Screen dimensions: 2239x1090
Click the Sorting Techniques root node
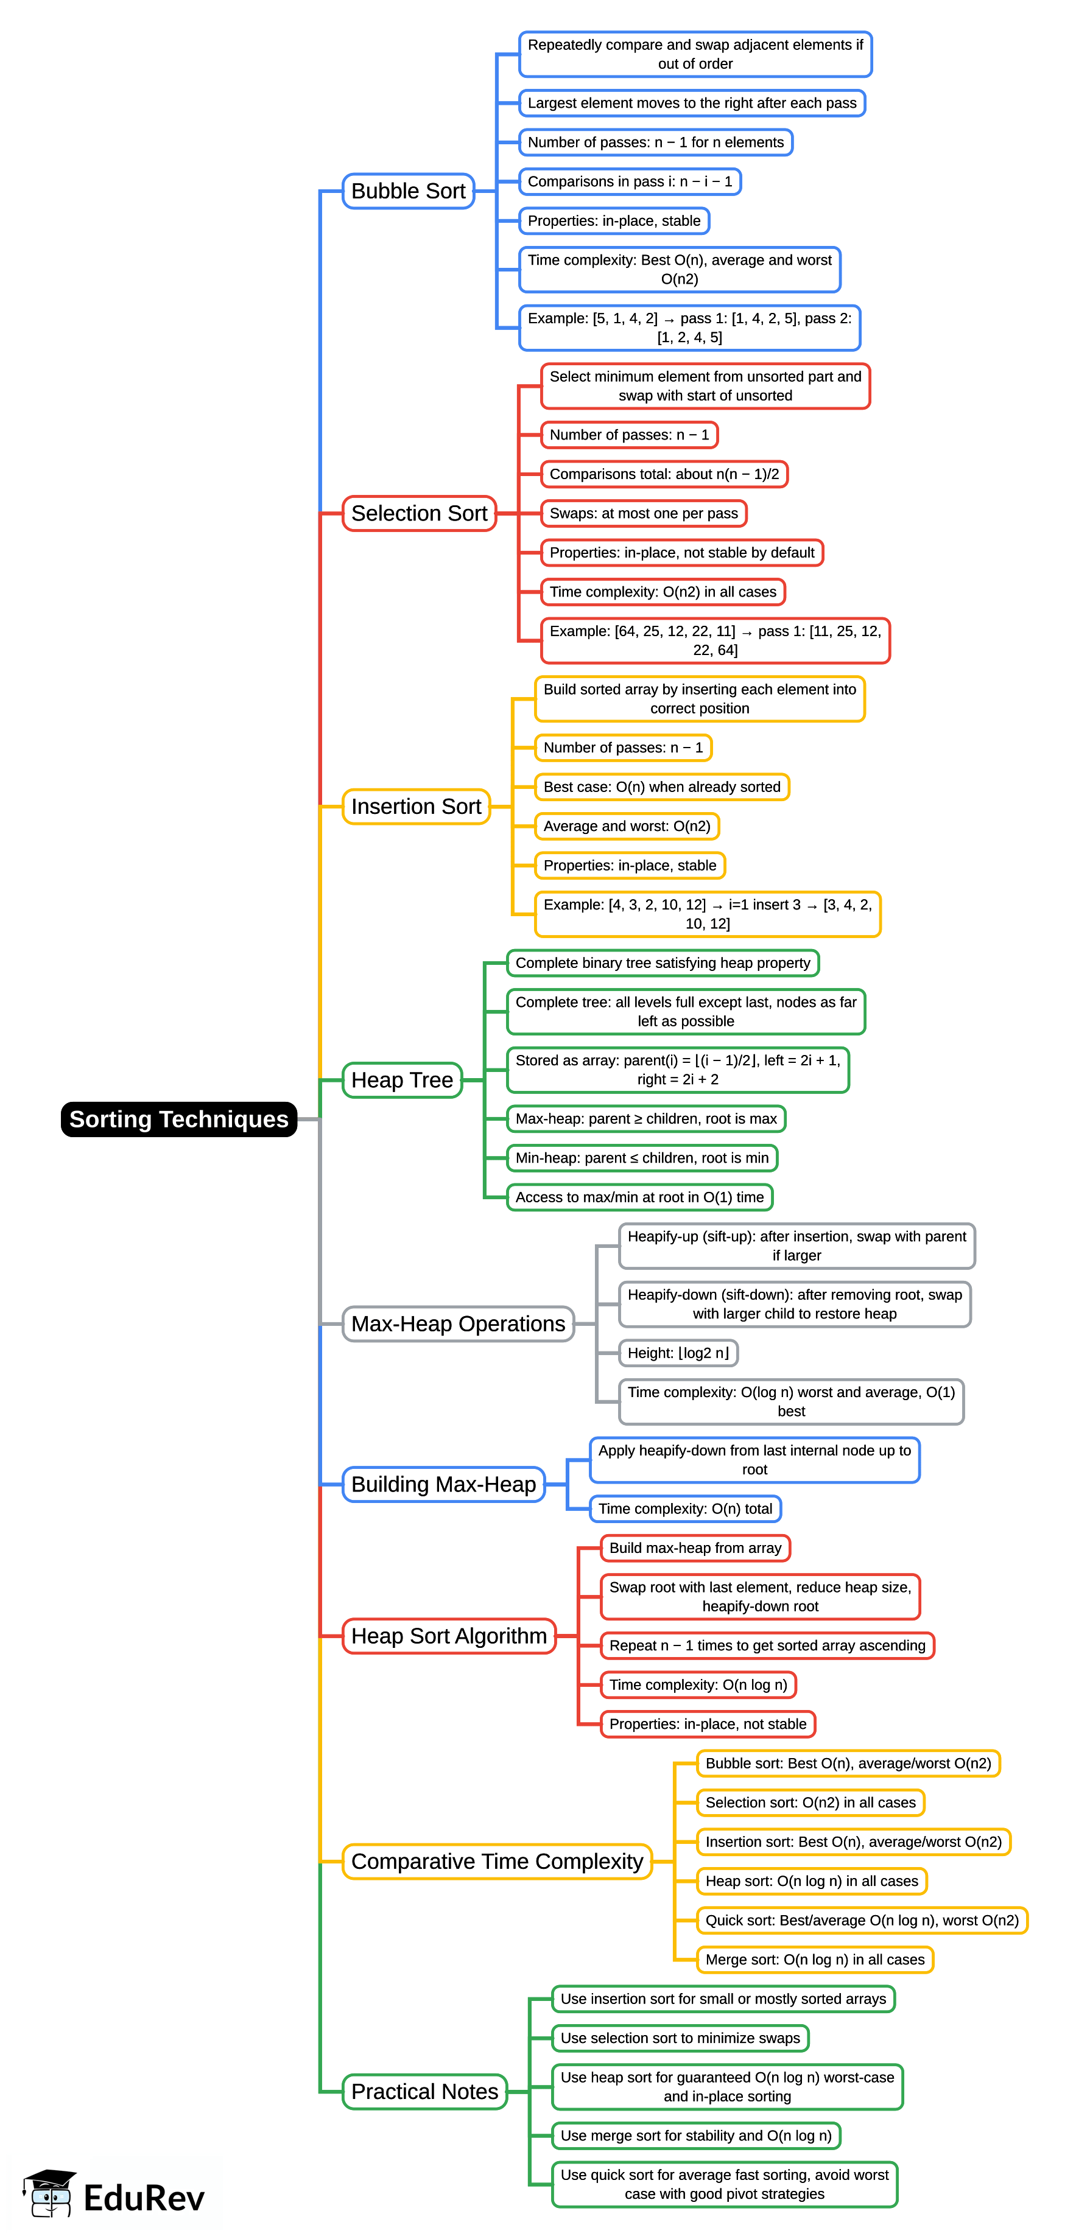pyautogui.click(x=178, y=1119)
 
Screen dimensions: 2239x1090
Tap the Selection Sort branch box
pyautogui.click(x=419, y=514)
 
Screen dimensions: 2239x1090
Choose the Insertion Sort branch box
pyautogui.click(x=415, y=807)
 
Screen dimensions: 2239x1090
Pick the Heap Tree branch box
pyautogui.click(x=401, y=1081)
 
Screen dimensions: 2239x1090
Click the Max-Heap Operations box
pyautogui.click(x=458, y=1324)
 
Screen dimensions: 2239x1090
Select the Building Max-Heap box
pyautogui.click(x=443, y=1485)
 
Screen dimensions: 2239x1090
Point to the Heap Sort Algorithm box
pyautogui.click(x=449, y=1636)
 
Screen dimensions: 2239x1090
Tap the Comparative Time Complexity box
pyautogui.click(x=496, y=1862)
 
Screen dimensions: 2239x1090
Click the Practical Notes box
pyautogui.click(x=424, y=2091)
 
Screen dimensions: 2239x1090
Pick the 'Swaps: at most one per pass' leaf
pyautogui.click(x=643, y=514)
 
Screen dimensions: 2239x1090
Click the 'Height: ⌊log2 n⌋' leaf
pyautogui.click(x=678, y=1353)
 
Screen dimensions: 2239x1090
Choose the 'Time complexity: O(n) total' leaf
pyautogui.click(x=685, y=1509)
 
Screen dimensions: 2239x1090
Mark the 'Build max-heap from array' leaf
pyautogui.click(x=695, y=1548)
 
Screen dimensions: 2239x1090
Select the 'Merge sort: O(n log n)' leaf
pyautogui.click(x=815, y=1960)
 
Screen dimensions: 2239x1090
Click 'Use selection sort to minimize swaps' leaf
pyautogui.click(x=680, y=2038)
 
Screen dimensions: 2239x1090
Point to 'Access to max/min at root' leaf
pyautogui.click(x=640, y=1198)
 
